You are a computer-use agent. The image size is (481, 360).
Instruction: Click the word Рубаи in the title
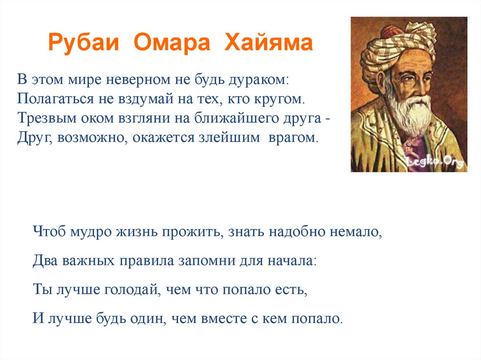[x=84, y=43]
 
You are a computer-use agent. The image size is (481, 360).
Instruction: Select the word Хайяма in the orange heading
[x=269, y=42]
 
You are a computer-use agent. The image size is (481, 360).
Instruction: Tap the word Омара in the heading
[x=172, y=42]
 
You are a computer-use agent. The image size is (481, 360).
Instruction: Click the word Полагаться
[x=55, y=99]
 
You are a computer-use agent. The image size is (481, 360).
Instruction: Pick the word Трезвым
[x=47, y=118]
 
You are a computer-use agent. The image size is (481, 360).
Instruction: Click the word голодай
[x=132, y=290]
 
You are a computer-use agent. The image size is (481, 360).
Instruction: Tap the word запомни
[x=207, y=261]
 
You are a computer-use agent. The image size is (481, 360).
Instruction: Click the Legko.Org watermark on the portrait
[x=434, y=161]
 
